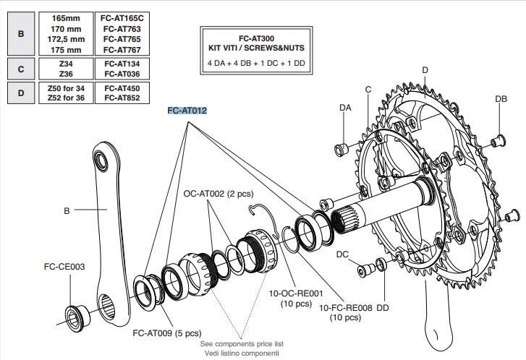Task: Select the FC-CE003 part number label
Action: pyautogui.click(x=64, y=266)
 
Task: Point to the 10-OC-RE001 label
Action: pyautogui.click(x=289, y=293)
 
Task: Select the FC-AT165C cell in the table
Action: pyautogui.click(x=122, y=16)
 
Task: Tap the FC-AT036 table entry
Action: pyautogui.click(x=122, y=73)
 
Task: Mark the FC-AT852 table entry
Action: pyautogui.click(x=122, y=98)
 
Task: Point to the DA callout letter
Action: pyautogui.click(x=346, y=107)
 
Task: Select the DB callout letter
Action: pyautogui.click(x=501, y=98)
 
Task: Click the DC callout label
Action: pyautogui.click(x=343, y=255)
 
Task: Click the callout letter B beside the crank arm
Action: pyautogui.click(x=67, y=212)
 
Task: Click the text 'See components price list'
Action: pyautogui.click(x=241, y=343)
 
